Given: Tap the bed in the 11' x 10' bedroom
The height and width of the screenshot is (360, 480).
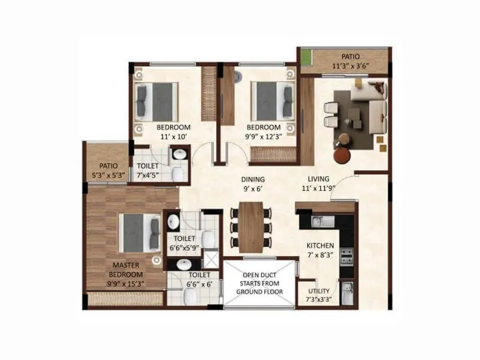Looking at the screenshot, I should [x=157, y=100].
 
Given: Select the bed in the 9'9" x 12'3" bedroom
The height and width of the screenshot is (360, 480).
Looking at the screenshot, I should [x=272, y=100].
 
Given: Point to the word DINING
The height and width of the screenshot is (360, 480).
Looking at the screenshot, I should [x=253, y=179].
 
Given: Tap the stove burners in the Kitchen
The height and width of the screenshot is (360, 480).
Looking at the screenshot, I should [x=346, y=257].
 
